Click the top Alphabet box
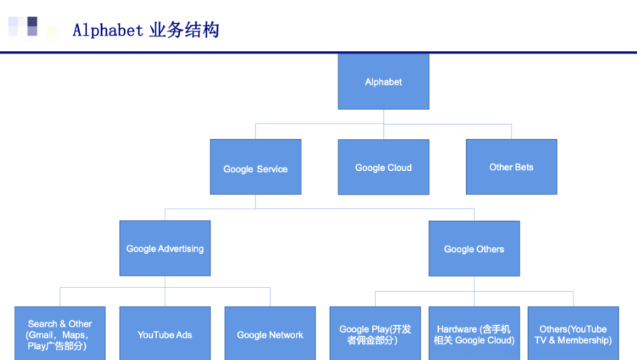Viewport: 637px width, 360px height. pos(384,82)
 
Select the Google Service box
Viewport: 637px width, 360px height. pos(255,167)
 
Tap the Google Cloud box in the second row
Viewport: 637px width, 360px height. pos(384,167)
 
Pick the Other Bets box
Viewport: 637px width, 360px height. pos(511,167)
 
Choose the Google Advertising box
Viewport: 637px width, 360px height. pos(165,248)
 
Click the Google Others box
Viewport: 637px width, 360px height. pos(474,248)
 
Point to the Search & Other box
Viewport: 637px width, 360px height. pos(60,333)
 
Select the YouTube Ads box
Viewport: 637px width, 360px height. pos(165,333)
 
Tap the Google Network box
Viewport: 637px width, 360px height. pos(270,333)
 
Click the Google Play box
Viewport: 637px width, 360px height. pos(375,333)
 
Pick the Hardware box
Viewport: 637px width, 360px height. pos(474,333)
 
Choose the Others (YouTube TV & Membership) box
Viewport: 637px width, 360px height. pos(574,333)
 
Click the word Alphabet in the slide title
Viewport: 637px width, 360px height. pos(107,31)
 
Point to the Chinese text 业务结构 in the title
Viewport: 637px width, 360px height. pos(184,30)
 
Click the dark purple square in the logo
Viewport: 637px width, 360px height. pos(33,22)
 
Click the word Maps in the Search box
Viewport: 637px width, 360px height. pos(73,335)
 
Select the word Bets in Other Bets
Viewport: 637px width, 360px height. pos(524,167)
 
